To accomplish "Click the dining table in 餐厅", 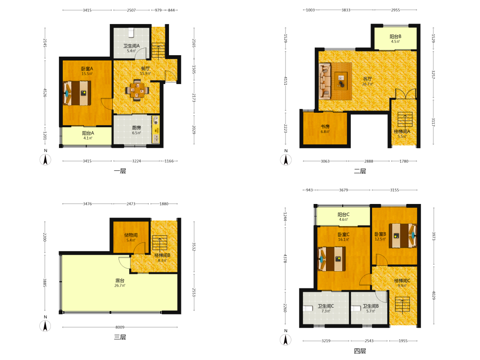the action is click(137, 90).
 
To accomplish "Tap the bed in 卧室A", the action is click(77, 93).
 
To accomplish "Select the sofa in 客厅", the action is click(325, 81).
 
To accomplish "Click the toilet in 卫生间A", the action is click(132, 33).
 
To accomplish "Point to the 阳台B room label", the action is click(395, 36).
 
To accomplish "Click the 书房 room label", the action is click(325, 126).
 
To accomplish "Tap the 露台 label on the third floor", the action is click(120, 280).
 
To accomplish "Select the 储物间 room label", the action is click(131, 235).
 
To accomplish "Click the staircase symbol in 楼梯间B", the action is click(159, 243).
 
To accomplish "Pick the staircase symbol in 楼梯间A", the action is click(405, 120).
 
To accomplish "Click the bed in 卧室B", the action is click(403, 235).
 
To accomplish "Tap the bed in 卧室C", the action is click(332, 259).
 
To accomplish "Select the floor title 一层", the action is click(120, 171).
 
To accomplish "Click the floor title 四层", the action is click(360, 351).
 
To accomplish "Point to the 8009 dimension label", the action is click(120, 327).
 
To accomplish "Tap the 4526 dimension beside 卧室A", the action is click(45, 93).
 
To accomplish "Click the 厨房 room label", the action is click(136, 128).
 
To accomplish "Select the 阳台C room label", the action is click(344, 215).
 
